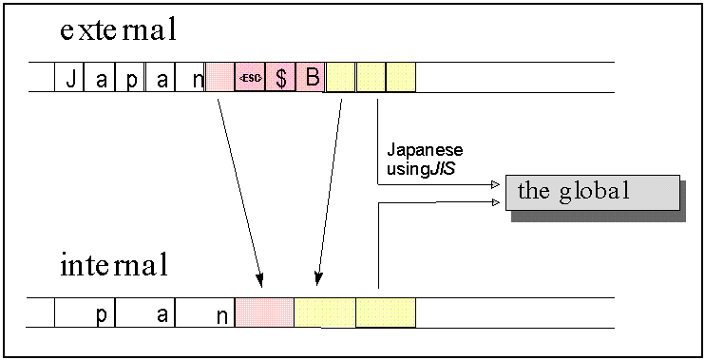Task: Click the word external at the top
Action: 118,30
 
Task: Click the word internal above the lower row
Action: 113,266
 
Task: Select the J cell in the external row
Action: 70,78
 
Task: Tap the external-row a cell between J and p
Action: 101,78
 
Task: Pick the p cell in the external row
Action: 131,78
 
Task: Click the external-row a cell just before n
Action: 162,78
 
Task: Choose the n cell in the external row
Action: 196,78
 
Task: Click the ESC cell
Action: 250,78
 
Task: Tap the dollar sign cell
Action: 280,78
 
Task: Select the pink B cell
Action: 311,78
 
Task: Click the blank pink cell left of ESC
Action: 220,78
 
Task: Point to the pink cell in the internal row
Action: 264,313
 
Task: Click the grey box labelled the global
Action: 592,192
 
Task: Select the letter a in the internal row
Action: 162,314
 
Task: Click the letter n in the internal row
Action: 220,315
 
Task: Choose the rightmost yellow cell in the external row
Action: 401,78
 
